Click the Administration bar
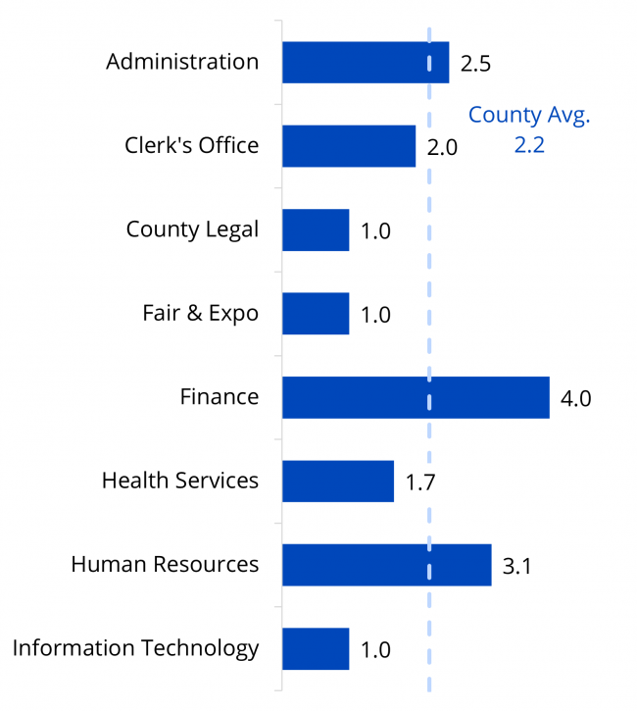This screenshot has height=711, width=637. point(365,63)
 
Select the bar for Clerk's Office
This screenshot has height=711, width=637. point(348,146)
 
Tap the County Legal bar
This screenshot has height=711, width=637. point(315,230)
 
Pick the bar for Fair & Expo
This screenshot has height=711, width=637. point(315,314)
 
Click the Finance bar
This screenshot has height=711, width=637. point(415,397)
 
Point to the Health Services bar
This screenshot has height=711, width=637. point(337,482)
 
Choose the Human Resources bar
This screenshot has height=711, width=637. point(386,565)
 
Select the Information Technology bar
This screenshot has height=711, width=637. point(315,649)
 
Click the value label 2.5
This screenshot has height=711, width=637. point(474,65)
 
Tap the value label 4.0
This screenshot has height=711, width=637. point(575,399)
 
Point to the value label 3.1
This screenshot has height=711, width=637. point(516,567)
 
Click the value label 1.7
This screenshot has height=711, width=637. point(420,482)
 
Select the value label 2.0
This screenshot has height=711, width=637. point(442,148)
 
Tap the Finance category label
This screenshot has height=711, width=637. point(220,397)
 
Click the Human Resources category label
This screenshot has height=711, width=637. point(165,565)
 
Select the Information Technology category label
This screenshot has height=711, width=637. point(135,648)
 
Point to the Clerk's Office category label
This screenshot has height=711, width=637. point(191,146)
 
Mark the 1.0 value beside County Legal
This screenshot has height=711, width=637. point(375,231)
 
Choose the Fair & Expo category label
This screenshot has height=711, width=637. point(200,314)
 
